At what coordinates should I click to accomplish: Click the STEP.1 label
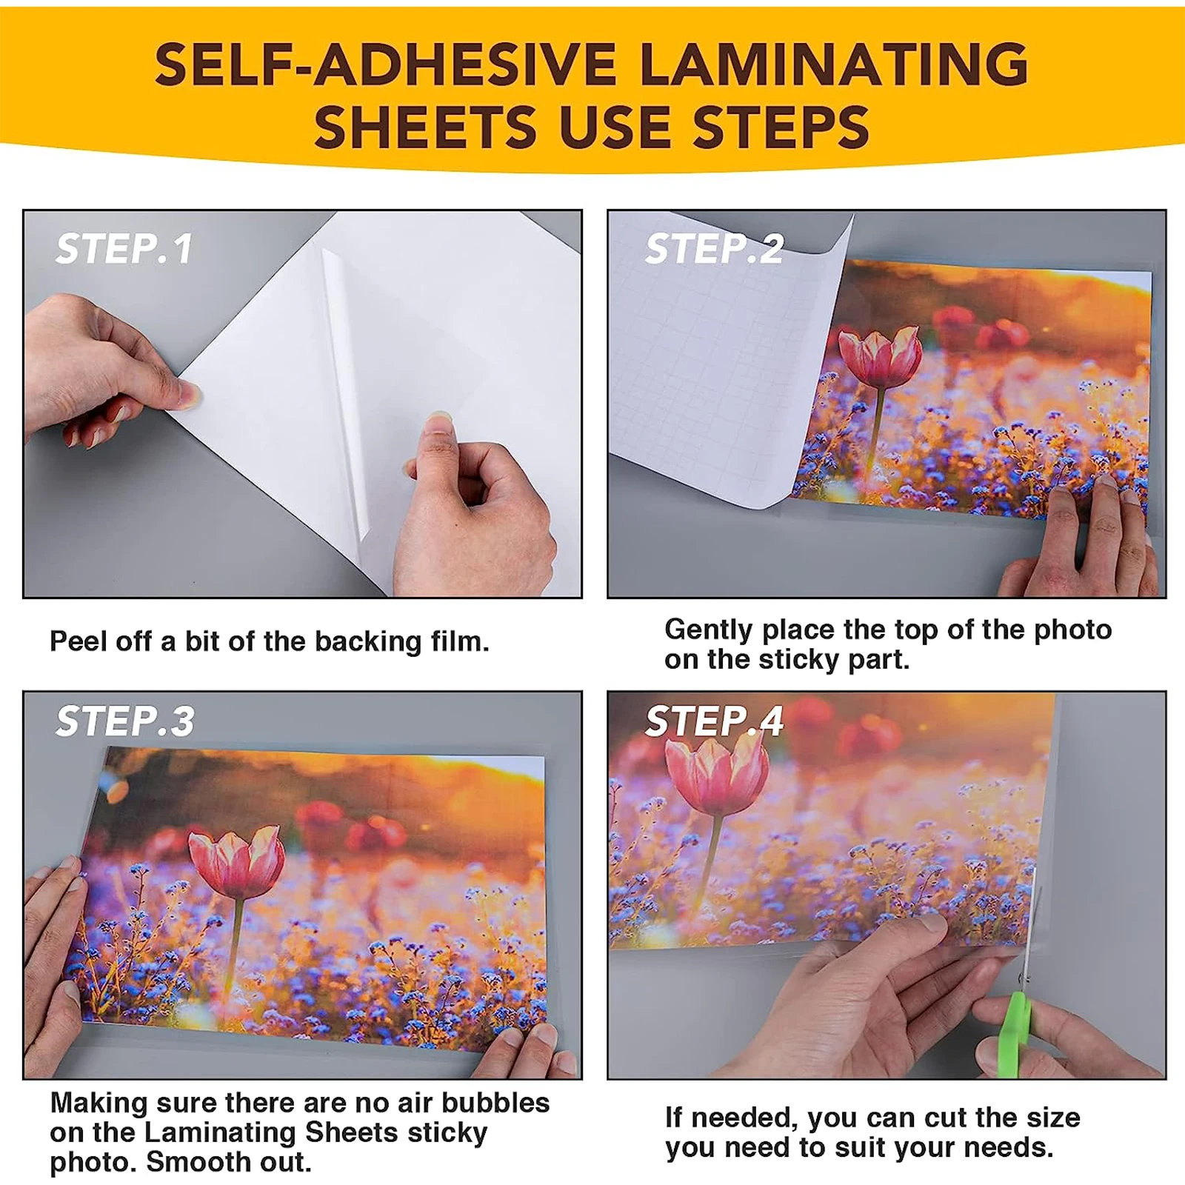[124, 249]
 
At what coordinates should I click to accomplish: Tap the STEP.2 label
[714, 249]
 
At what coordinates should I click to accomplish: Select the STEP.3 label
[124, 721]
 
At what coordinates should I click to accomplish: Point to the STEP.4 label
[714, 721]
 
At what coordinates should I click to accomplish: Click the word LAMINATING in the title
[833, 65]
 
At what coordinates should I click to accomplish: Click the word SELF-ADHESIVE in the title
[385, 65]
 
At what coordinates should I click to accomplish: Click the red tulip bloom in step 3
[236, 864]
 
